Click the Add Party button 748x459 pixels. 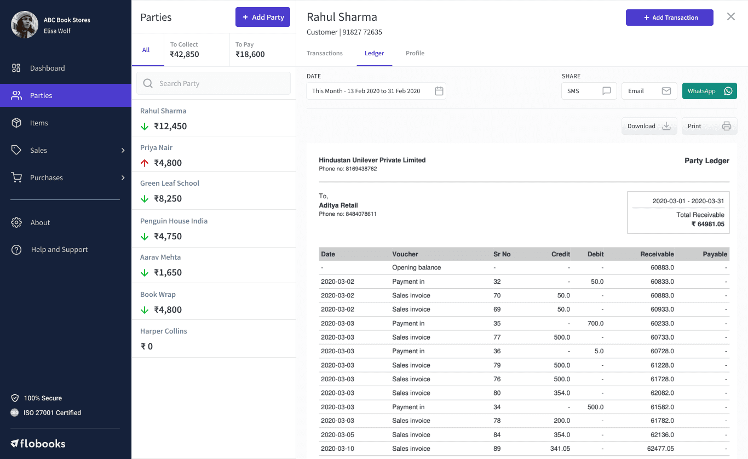(x=262, y=17)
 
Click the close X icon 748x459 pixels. (x=730, y=16)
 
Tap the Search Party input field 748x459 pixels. (x=214, y=83)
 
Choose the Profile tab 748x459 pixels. (x=415, y=53)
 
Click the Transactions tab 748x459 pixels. (x=324, y=53)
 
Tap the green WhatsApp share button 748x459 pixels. (x=709, y=91)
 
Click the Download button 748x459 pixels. (x=649, y=126)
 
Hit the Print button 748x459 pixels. (x=709, y=126)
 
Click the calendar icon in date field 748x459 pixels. (x=439, y=91)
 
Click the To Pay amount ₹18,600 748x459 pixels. (x=250, y=54)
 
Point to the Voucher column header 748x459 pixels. (x=405, y=254)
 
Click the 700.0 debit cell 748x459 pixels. (x=595, y=323)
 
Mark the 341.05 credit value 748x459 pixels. (x=560, y=448)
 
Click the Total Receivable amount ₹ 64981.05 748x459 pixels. (x=707, y=224)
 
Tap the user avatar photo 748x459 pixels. (x=25, y=25)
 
